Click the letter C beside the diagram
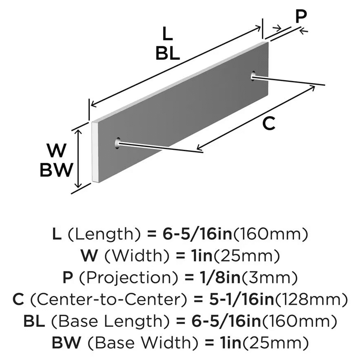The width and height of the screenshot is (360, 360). tap(269, 124)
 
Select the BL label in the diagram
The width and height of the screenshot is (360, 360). tap(168, 54)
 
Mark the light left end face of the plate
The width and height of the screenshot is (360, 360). tap(95, 151)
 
